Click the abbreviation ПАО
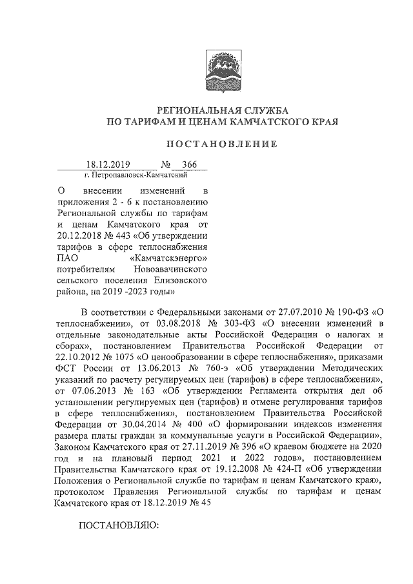[x=66, y=258]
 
